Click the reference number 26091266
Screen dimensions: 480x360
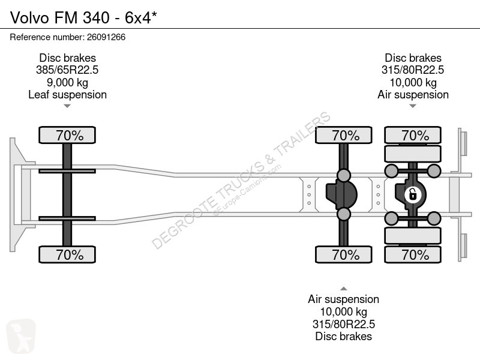coord(106,37)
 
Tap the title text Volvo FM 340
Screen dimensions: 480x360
coord(59,17)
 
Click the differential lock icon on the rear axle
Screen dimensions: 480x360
coord(412,194)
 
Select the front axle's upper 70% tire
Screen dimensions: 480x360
coord(67,135)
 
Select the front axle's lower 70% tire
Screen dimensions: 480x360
coord(67,254)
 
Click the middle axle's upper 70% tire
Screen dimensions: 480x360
coord(344,135)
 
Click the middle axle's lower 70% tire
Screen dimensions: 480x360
coord(344,254)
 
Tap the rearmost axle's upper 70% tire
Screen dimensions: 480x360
coord(413,135)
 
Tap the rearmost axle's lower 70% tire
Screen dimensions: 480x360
coord(413,254)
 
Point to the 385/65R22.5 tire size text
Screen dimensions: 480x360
coord(67,70)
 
